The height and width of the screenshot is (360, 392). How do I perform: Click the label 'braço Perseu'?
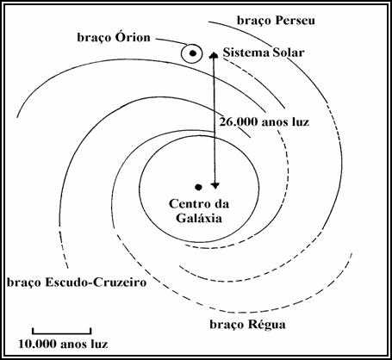coord(276,21)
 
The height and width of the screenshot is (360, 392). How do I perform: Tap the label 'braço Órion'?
coord(114,38)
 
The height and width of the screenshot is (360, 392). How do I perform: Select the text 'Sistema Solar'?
coord(264,53)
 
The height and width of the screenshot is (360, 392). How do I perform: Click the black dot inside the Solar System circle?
coord(193,53)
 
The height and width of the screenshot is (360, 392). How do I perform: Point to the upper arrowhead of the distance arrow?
coord(214,55)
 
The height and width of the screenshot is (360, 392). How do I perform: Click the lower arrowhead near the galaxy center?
coord(215,185)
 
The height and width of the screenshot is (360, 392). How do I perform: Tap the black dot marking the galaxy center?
coord(198,188)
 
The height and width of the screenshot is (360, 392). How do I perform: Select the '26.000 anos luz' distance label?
coord(264,122)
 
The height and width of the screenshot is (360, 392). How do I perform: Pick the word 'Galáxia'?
coord(199,218)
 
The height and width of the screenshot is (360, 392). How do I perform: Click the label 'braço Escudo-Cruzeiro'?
coord(77,282)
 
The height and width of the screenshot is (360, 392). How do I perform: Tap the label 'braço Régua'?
coord(247,325)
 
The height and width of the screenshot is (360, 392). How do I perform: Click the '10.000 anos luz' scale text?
coord(63,344)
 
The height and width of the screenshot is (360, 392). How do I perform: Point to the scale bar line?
coord(62,333)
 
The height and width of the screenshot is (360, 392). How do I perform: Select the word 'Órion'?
coord(133,37)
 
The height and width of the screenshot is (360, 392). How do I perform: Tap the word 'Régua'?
coord(267,325)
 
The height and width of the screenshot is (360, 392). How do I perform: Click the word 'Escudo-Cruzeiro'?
coord(96,282)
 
